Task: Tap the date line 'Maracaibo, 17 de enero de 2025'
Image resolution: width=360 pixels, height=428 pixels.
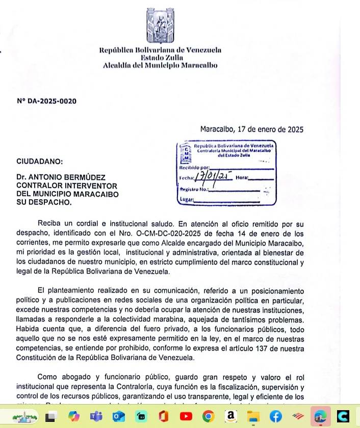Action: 251,129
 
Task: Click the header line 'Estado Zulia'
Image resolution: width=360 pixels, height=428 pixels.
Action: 160,58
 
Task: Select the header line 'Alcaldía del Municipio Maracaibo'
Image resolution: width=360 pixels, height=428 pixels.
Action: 160,65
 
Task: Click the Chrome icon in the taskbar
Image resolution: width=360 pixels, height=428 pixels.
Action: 208,416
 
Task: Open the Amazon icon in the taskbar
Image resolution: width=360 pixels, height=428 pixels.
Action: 231,416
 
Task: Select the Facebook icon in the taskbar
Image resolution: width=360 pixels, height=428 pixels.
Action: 276,416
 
